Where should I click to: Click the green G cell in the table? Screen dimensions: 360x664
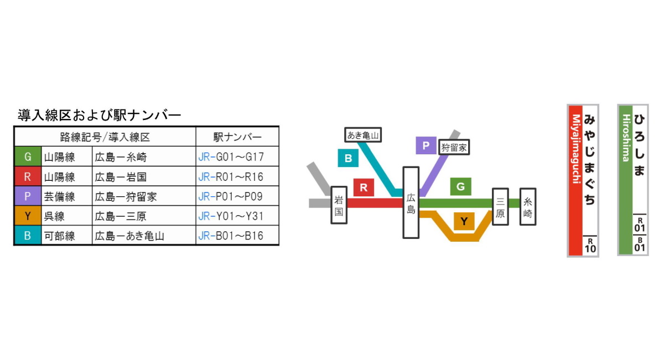(x=28, y=157)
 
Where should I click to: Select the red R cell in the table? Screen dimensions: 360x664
(x=28, y=177)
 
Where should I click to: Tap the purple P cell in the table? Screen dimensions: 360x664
(x=28, y=196)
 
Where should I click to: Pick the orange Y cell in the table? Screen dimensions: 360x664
(x=28, y=216)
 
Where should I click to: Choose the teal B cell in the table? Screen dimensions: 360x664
(x=28, y=236)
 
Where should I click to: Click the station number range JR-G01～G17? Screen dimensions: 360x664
(x=231, y=157)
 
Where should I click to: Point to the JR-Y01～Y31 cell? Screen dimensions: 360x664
(x=231, y=216)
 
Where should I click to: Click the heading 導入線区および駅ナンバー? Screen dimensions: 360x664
(x=100, y=116)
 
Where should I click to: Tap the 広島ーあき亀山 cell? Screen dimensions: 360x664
(x=129, y=236)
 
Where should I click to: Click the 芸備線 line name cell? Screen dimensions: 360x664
(x=59, y=196)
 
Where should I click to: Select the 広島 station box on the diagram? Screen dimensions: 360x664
(x=411, y=202)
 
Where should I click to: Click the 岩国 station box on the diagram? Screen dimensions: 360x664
(x=339, y=205)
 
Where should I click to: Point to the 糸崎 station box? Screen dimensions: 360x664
(x=527, y=206)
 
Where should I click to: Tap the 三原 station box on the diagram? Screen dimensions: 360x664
(x=500, y=206)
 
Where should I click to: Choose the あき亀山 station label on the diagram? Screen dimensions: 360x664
(x=364, y=134)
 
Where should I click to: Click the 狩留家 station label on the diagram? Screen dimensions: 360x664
(x=454, y=147)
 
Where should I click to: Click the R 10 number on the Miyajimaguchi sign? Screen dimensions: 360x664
(x=590, y=245)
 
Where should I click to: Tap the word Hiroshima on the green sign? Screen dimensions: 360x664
(x=626, y=138)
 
